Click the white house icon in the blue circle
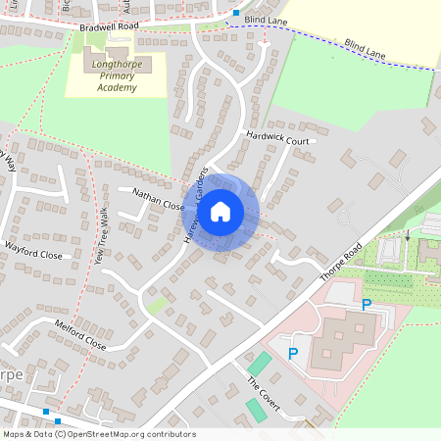click(220, 211)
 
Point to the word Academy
click(117, 87)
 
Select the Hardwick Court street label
click(278, 138)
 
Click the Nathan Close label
click(158, 200)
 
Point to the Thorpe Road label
click(340, 263)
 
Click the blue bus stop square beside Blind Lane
click(235, 13)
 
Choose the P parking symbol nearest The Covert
click(292, 353)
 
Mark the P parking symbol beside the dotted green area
click(367, 305)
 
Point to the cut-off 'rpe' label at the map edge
click(11, 375)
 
